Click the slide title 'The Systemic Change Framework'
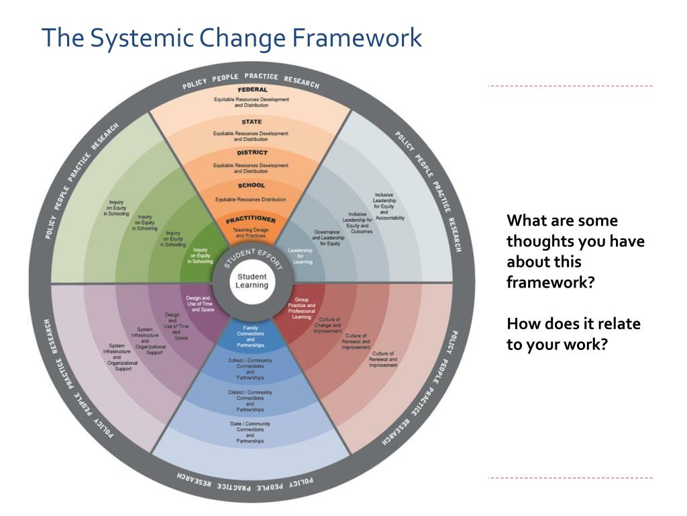(231, 38)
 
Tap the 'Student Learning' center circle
(252, 281)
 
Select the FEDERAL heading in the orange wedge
(252, 89)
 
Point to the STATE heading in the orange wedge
(252, 122)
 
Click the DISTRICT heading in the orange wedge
(252, 153)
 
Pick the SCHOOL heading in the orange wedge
(252, 185)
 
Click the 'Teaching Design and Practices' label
(251, 232)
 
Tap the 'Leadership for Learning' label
(301, 256)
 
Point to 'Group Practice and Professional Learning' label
(301, 308)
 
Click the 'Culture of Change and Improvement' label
(329, 325)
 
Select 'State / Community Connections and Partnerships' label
(250, 433)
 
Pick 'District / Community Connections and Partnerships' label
(250, 401)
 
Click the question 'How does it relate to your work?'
(573, 334)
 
